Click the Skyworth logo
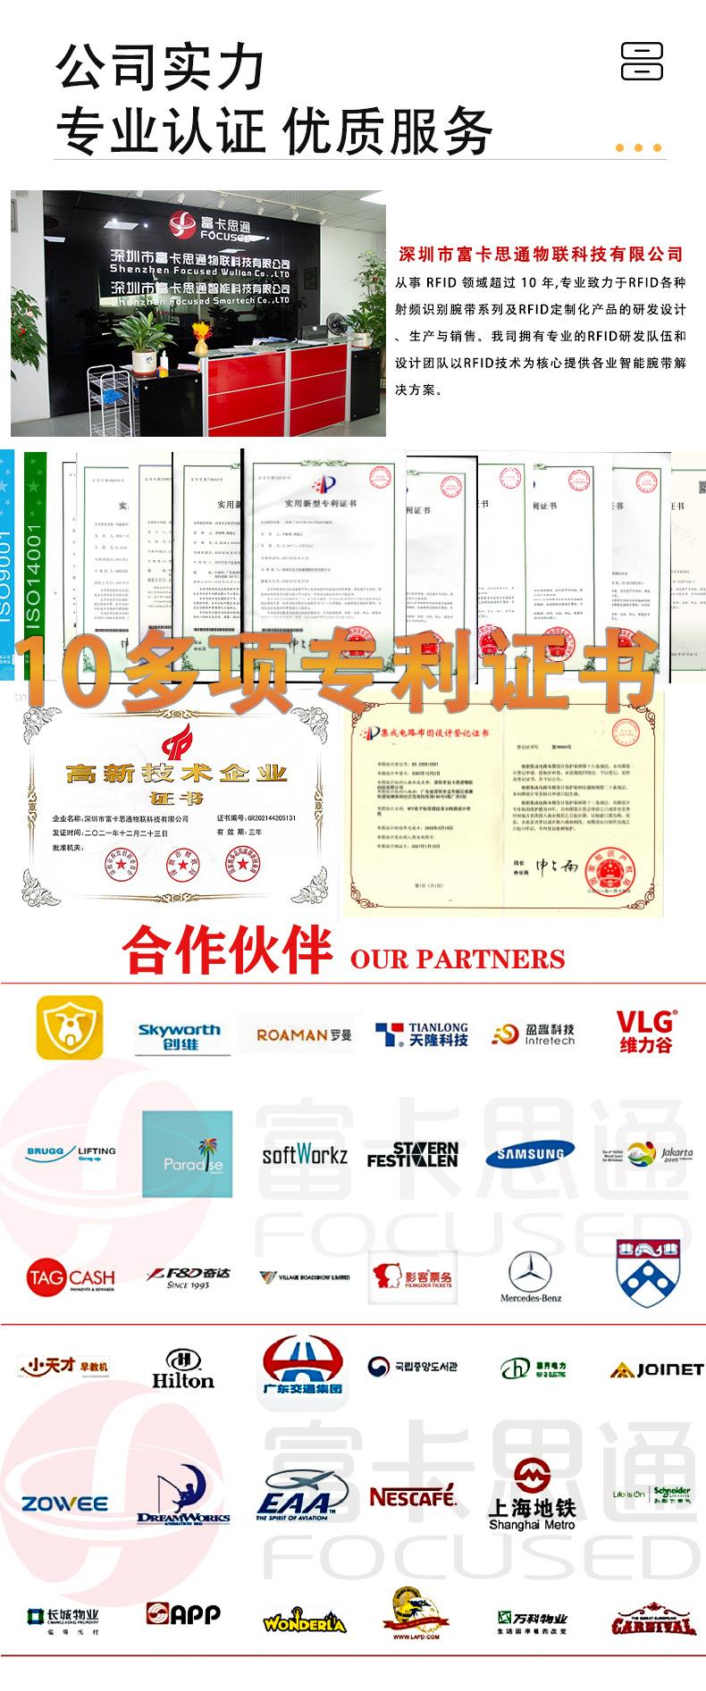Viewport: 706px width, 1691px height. tap(179, 1036)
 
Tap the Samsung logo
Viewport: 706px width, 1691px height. tap(531, 1154)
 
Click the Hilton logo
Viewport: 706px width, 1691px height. tap(183, 1369)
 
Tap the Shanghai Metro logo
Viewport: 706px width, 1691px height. tap(532, 1502)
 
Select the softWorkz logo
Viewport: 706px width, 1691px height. tap(305, 1154)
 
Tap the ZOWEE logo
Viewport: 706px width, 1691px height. tap(65, 1504)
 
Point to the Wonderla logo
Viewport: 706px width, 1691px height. tap(304, 1621)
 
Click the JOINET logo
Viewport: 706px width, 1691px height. tap(657, 1369)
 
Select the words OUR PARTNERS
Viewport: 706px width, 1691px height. tap(458, 959)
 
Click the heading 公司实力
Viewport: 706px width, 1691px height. tap(161, 67)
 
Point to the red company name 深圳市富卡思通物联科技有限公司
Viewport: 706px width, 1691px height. tap(540, 255)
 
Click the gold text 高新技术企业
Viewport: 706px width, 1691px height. tap(177, 773)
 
